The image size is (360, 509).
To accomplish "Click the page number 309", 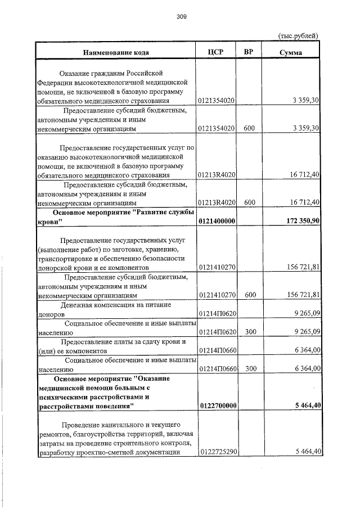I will click(181, 16).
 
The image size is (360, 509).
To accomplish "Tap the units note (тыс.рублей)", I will click(299, 35).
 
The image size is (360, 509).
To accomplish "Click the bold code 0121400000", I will click(217, 221).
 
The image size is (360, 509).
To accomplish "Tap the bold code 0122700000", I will click(217, 405).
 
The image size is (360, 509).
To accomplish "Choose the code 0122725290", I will click(217, 451).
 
